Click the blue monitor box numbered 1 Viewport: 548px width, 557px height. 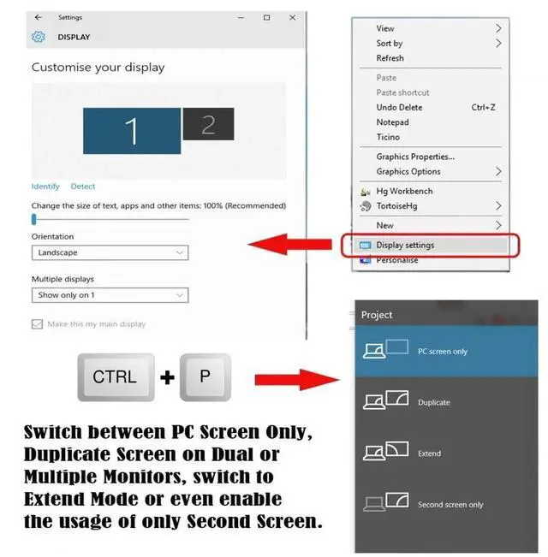[x=132, y=131]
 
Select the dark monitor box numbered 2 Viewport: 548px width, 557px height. [x=208, y=124]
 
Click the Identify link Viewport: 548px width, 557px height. [x=45, y=187]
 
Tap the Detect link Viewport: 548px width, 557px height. [x=83, y=187]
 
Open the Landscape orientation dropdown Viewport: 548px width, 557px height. [x=110, y=252]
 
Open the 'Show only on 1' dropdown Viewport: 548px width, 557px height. [x=110, y=295]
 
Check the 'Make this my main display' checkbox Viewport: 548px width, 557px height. [x=37, y=324]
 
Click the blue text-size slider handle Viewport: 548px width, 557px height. [x=34, y=219]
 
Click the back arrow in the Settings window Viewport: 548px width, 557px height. [x=39, y=17]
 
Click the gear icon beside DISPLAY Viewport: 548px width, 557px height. [x=39, y=37]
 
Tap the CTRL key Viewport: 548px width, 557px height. [x=116, y=377]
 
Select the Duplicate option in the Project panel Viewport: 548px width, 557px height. [x=446, y=402]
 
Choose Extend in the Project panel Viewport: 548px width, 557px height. [x=446, y=453]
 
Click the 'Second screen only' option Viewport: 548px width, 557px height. [x=446, y=505]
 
